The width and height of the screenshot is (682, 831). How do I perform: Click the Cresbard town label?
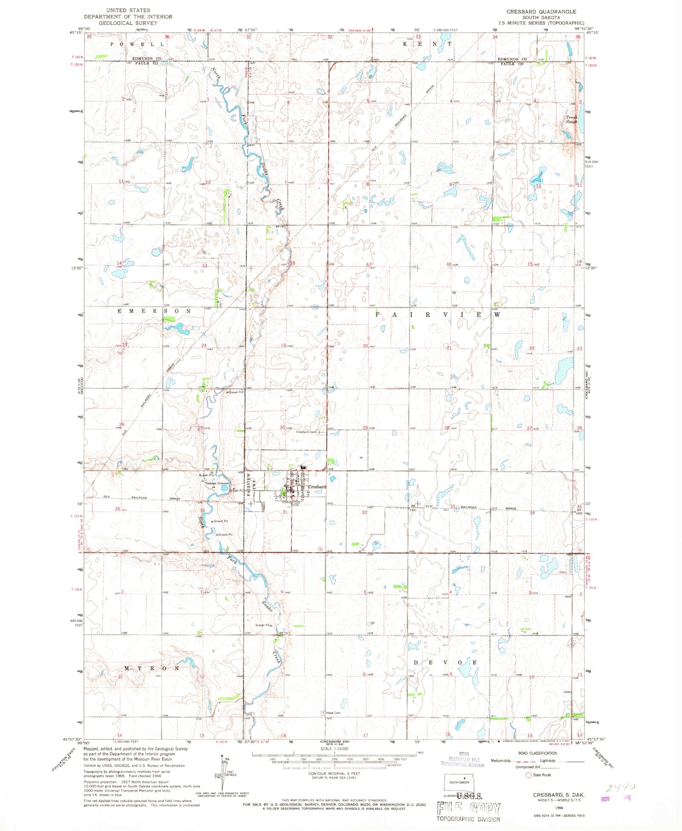tap(317, 486)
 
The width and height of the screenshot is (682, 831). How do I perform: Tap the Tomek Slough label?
tap(572, 120)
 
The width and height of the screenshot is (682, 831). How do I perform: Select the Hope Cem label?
tap(333, 713)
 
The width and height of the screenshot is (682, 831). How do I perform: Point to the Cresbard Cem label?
tap(306, 432)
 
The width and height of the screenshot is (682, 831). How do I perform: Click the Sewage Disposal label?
tap(217, 483)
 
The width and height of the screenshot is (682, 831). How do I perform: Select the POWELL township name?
tap(137, 44)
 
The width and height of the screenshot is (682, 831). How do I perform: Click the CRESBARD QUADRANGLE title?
tap(541, 12)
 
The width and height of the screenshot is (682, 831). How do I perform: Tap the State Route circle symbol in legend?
tap(529, 775)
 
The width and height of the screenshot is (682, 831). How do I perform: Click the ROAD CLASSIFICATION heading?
tap(537, 753)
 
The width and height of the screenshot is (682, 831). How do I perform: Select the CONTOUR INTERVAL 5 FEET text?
tap(334, 773)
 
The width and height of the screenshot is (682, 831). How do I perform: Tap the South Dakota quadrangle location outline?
tap(459, 782)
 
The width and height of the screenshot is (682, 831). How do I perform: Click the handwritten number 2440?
tap(621, 787)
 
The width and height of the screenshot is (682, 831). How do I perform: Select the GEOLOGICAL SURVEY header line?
tap(128, 23)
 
